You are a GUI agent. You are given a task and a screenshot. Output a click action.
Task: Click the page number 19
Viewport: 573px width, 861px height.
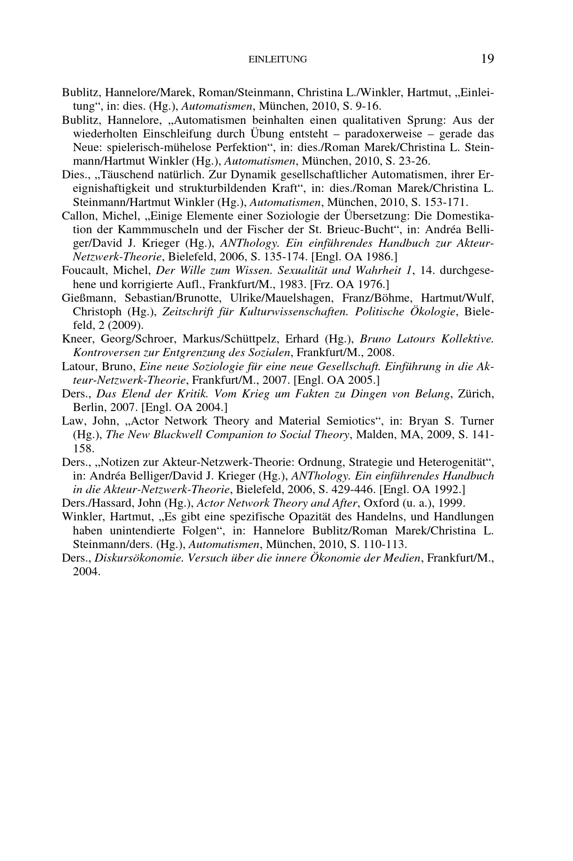487,59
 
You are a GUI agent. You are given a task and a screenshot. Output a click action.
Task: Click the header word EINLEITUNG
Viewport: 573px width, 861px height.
277,60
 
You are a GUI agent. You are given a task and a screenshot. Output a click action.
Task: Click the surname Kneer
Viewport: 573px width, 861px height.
75,339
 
